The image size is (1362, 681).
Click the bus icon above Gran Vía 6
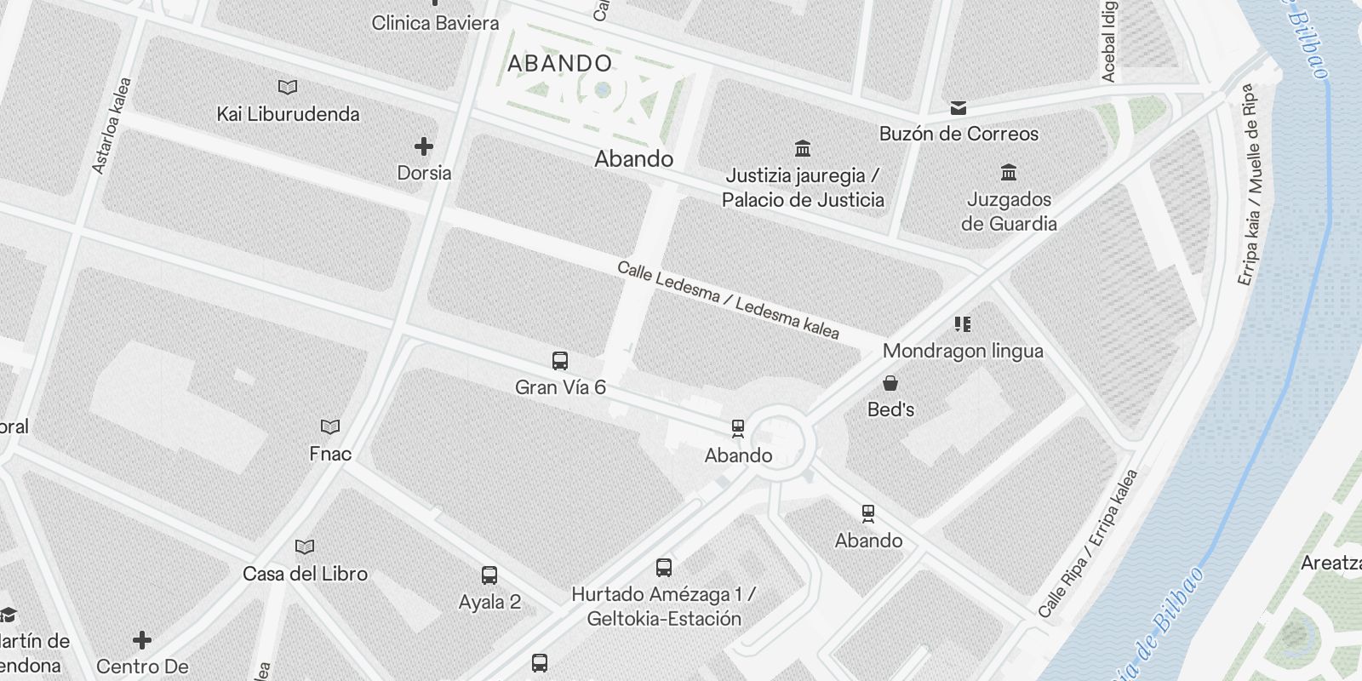560,361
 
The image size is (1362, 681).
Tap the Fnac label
330,454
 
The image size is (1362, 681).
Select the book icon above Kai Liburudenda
288,87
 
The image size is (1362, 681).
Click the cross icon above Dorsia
424,146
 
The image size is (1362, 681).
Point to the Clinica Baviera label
435,23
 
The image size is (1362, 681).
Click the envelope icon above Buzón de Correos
959,107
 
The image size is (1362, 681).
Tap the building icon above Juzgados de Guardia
1009,172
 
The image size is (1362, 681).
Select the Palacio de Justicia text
803,200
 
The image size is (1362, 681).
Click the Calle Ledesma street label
728,300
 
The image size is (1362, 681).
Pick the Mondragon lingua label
963,351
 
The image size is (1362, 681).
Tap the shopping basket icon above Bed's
890,383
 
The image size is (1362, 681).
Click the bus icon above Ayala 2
489,575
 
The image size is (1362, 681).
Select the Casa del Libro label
305,574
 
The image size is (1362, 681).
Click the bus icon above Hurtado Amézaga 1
664,568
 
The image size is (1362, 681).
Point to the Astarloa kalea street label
112,126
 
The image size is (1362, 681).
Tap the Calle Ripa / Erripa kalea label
1087,543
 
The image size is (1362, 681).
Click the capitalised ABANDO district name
559,64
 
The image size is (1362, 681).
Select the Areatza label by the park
1331,563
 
